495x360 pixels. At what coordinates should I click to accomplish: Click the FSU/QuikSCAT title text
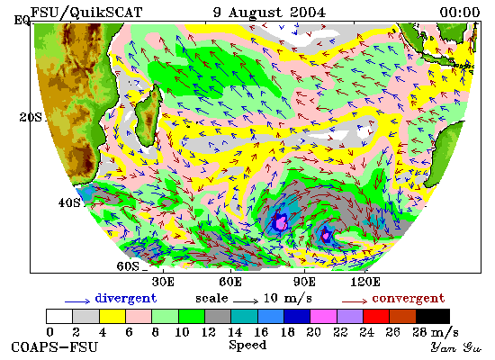pos(86,13)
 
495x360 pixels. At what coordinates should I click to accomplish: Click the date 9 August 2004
pos(269,13)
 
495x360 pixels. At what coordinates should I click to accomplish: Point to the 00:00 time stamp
pos(460,13)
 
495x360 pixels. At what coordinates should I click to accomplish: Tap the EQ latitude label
pos(22,21)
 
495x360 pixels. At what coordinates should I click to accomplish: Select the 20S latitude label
pos(31,118)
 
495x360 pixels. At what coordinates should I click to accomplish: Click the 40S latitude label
pos(69,202)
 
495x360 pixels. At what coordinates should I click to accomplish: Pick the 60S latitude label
pos(128,266)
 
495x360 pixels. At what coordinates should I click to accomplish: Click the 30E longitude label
pos(163,282)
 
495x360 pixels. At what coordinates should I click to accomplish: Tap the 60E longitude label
pos(230,282)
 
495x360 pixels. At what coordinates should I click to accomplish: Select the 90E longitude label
pos(304,282)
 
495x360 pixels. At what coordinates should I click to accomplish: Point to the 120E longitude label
pos(365,282)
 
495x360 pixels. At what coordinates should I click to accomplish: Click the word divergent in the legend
pos(126,299)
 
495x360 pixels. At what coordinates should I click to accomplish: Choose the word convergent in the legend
pos(409,299)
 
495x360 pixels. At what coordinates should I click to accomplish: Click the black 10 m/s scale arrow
pos(246,301)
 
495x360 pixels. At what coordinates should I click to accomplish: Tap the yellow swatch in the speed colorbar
pos(112,316)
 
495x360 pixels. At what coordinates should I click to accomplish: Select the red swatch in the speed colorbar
pos(376,316)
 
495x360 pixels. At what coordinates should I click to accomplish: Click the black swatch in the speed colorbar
pos(433,316)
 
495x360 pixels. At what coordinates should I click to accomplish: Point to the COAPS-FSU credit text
pos(54,346)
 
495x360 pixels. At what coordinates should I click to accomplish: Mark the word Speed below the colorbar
pos(247,345)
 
